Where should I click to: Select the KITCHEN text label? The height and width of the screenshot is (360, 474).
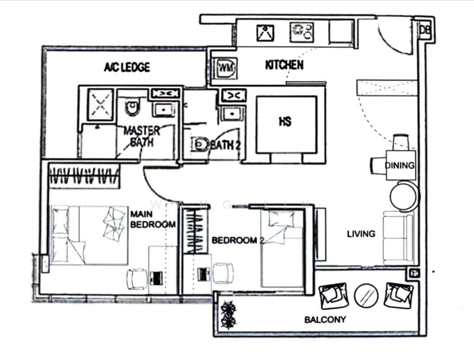tap(284, 65)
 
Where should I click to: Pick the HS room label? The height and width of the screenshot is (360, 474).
tap(285, 122)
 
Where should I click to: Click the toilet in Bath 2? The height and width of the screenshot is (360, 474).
tap(199, 145)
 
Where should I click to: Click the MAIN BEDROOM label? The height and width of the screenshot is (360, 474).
tap(153, 219)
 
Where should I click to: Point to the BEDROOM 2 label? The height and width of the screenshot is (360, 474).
tap(238, 241)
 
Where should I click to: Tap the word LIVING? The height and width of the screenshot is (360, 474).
tap(361, 233)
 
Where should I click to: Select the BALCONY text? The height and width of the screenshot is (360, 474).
tap(325, 320)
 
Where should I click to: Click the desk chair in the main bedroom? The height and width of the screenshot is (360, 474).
tap(136, 278)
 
